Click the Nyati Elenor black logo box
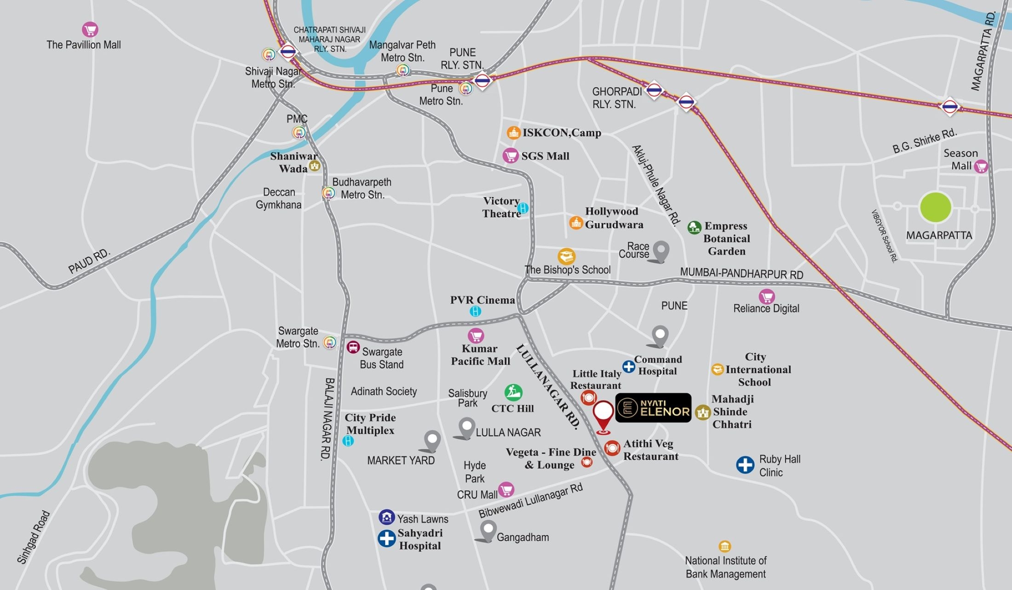[653, 407]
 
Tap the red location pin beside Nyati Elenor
[603, 415]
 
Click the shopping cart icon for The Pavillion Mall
[90, 30]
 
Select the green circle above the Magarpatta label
[935, 207]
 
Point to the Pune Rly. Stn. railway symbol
[482, 81]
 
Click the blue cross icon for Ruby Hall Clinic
[745, 465]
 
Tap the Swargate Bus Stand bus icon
[353, 347]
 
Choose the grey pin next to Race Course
[661, 251]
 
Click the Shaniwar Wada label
[293, 162]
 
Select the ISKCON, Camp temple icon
[513, 133]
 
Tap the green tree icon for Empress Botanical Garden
[694, 227]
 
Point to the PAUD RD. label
[89, 261]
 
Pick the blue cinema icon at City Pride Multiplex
[348, 441]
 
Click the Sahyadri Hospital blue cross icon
[386, 538]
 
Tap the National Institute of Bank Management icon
[724, 546]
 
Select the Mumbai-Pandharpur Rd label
[741, 274]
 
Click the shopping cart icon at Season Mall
[981, 166]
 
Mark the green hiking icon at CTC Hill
[513, 392]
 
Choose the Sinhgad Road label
[33, 537]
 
